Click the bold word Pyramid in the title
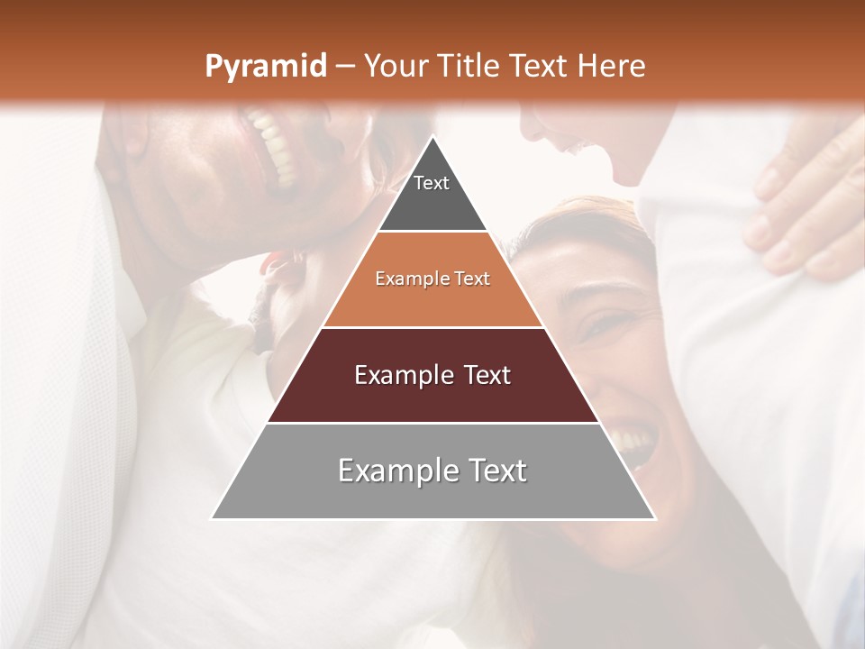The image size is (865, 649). pyautogui.click(x=265, y=67)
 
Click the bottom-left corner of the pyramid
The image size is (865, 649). pyautogui.click(x=213, y=518)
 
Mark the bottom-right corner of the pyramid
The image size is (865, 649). pyautogui.click(x=654, y=518)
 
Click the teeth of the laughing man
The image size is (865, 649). pyautogui.click(x=275, y=144)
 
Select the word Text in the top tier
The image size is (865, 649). pyautogui.click(x=432, y=183)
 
